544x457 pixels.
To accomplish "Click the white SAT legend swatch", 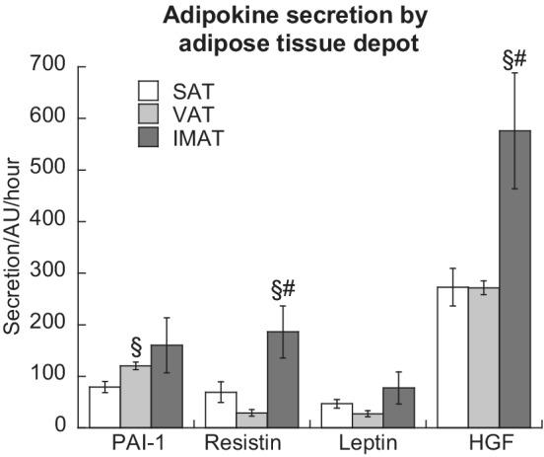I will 148,92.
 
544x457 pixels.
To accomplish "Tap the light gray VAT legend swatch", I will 148,115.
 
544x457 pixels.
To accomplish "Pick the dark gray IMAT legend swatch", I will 148,139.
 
